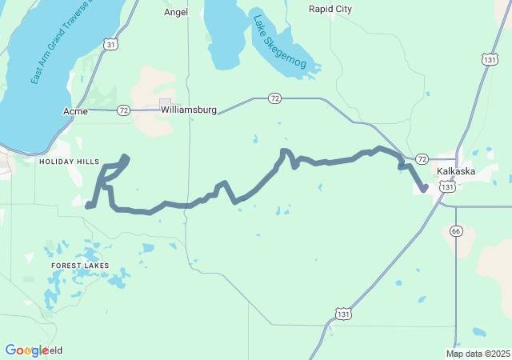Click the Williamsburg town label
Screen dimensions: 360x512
[x=189, y=109]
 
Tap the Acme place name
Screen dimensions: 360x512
[x=75, y=111]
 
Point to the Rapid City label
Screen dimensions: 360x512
[x=330, y=9]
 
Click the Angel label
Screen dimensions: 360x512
[x=176, y=12]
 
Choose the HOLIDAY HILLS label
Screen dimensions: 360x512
[x=69, y=162]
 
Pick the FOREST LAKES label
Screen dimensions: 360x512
[x=80, y=265]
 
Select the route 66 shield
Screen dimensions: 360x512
[x=456, y=230]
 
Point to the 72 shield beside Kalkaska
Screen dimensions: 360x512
[x=422, y=159]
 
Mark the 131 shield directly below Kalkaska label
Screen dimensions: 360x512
[x=449, y=186]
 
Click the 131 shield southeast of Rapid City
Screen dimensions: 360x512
[x=489, y=59]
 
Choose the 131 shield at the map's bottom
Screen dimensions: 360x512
[x=342, y=314]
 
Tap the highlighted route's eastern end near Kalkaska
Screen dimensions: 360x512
[x=424, y=189]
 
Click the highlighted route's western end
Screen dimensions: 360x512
[x=87, y=206]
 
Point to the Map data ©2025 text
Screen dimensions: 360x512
[x=478, y=354]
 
